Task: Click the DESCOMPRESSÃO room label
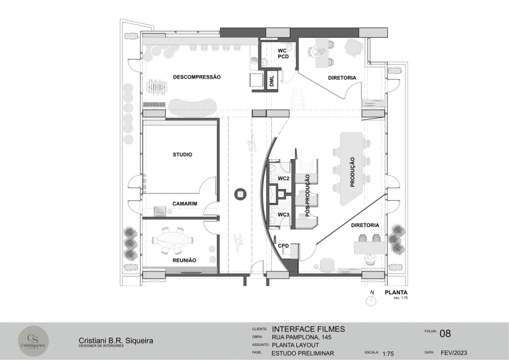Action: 197,77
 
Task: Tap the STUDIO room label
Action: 182,155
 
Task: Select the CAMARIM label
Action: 185,204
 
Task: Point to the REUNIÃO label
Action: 184,261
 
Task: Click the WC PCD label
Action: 283,54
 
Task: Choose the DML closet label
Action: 272,81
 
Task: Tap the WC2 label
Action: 283,178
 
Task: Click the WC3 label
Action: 283,215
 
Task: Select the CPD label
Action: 283,246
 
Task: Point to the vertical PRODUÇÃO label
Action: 352,172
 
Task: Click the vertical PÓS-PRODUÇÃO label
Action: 307,195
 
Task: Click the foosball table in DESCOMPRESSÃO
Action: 157,86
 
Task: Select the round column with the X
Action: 240,194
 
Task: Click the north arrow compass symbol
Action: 370,300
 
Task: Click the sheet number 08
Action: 445,333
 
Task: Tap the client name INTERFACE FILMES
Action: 308,329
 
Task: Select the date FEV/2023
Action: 454,353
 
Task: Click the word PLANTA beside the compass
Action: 396,292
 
